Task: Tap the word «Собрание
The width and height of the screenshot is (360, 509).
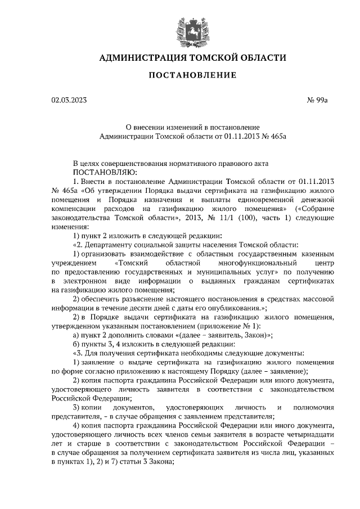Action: pyautogui.click(x=313, y=208)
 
